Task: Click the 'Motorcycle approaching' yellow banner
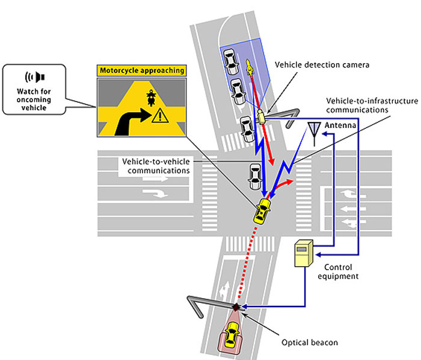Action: (x=141, y=70)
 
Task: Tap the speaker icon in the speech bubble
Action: (x=35, y=78)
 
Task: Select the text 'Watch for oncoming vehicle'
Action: (x=34, y=100)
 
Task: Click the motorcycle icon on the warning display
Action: (x=152, y=97)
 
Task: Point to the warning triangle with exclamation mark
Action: (x=160, y=115)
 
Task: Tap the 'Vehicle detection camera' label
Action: (x=322, y=65)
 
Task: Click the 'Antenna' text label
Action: (x=340, y=125)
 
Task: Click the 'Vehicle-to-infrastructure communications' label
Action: (x=372, y=105)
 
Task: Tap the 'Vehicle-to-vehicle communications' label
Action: (x=156, y=166)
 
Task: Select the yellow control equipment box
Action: (x=304, y=253)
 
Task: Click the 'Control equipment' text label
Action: (x=338, y=272)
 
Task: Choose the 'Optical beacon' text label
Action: (x=310, y=343)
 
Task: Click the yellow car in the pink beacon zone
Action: (x=232, y=334)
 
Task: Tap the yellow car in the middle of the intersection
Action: (x=262, y=211)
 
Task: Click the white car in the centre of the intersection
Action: (x=255, y=177)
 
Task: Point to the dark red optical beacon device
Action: (x=236, y=307)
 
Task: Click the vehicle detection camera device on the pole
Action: (x=261, y=116)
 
